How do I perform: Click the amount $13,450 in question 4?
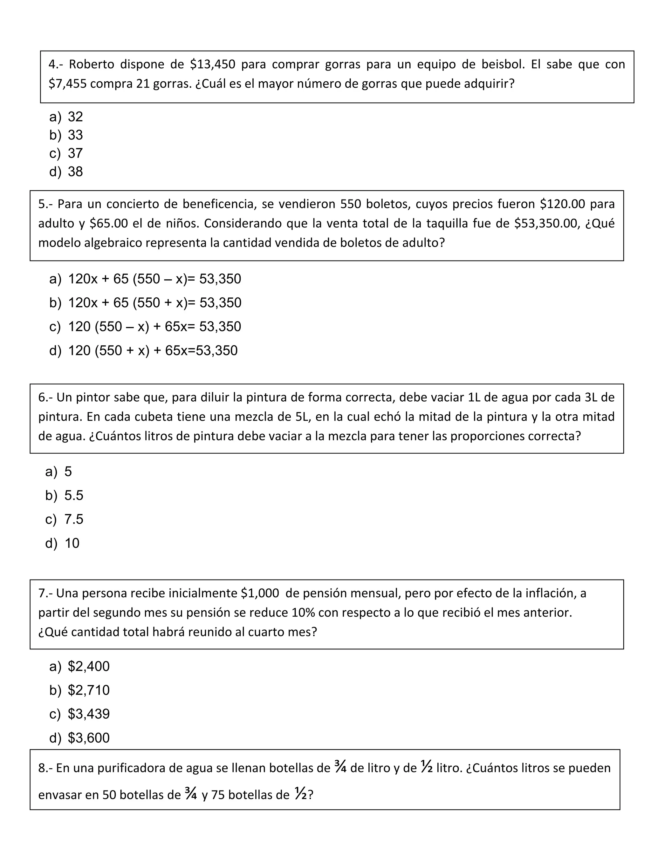pos(213,65)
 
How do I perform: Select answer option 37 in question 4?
pos(75,153)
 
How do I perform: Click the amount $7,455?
pos(67,84)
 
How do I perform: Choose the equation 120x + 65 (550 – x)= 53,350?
pos(154,279)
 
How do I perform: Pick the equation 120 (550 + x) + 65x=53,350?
pos(153,350)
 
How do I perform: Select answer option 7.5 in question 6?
pos(74,519)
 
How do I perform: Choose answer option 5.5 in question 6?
pos(74,495)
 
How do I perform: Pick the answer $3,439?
pos(89,714)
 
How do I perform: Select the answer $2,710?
pos(89,690)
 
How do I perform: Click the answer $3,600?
pos(89,738)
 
